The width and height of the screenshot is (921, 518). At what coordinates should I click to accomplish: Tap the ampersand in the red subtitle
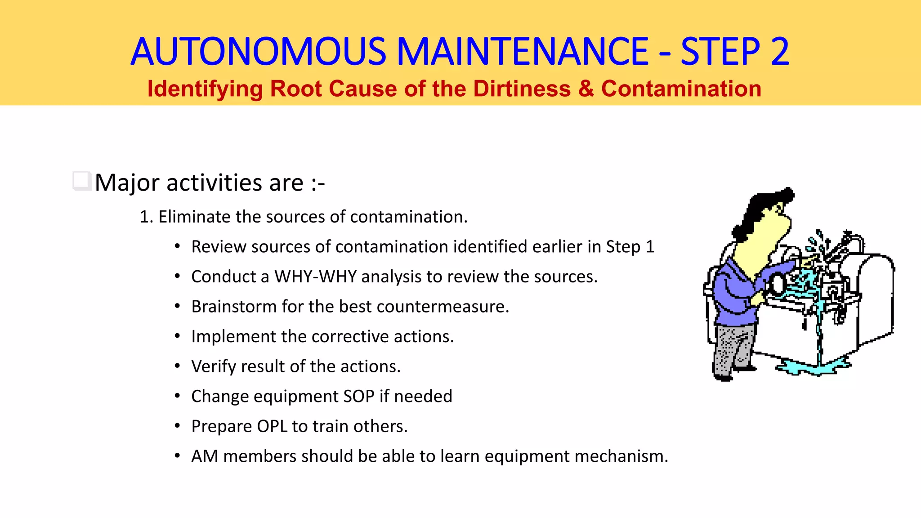tap(586, 89)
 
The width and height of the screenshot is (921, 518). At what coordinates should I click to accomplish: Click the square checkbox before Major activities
tap(81, 181)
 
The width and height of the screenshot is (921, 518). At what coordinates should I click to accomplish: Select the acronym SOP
tap(358, 396)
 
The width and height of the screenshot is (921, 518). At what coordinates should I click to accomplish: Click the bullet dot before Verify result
tap(178, 366)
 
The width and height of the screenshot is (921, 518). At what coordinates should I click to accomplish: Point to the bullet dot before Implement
tap(178, 336)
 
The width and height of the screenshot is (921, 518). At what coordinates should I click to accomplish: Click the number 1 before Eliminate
tap(144, 217)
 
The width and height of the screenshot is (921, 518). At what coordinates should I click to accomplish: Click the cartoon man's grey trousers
tap(733, 346)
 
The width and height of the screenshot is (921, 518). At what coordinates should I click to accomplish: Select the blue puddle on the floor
tap(809, 366)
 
